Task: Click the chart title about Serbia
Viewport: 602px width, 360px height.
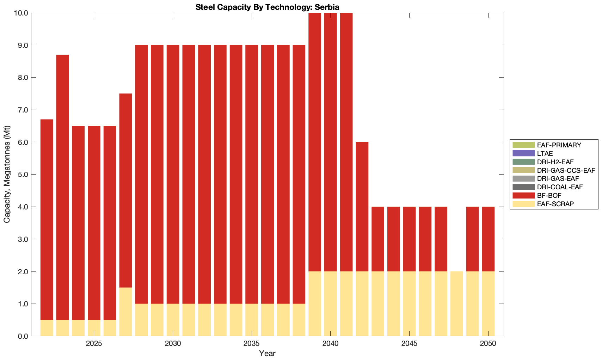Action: pyautogui.click(x=267, y=7)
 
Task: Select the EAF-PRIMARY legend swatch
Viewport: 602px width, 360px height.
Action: pyautogui.click(x=523, y=145)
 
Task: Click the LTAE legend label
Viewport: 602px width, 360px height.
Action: pyautogui.click(x=545, y=153)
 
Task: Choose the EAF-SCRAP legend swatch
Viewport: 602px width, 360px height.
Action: pyautogui.click(x=523, y=204)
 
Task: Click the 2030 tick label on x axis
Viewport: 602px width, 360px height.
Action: pyautogui.click(x=173, y=344)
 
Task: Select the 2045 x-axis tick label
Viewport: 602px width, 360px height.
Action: pyautogui.click(x=409, y=344)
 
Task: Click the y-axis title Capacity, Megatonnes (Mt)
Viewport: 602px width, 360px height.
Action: pyautogui.click(x=7, y=174)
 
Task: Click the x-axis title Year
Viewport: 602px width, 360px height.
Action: pyautogui.click(x=267, y=353)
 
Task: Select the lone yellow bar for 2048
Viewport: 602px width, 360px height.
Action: pyautogui.click(x=457, y=304)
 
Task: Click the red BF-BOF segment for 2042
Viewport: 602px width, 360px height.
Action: pyautogui.click(x=362, y=207)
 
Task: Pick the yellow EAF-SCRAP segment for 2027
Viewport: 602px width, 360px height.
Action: pyautogui.click(x=125, y=312)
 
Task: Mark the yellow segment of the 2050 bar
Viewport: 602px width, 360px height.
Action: pyautogui.click(x=488, y=304)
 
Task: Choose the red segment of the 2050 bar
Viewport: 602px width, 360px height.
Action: pyautogui.click(x=488, y=239)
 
